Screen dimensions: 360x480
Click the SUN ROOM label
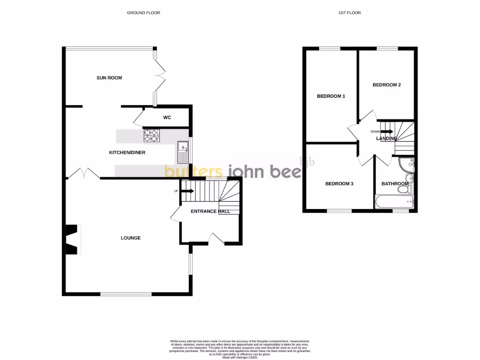[109, 78]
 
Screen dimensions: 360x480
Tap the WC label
[167, 118]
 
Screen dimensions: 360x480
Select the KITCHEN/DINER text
[127, 153]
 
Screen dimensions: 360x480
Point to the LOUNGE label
[131, 238]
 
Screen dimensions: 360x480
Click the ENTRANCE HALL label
[210, 211]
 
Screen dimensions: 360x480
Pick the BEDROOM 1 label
[331, 96]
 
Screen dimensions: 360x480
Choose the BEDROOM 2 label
[387, 85]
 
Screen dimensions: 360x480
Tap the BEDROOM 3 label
[339, 184]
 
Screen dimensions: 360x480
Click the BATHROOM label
[395, 184]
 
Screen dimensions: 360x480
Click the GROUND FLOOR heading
[143, 13]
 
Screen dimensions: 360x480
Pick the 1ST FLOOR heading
[349, 13]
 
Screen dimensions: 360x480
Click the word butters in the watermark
[194, 172]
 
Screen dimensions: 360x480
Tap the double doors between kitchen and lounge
[84, 174]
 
